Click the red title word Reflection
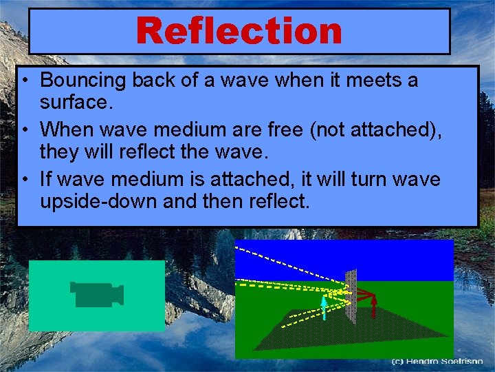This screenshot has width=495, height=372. [239, 31]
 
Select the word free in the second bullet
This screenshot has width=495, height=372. [285, 130]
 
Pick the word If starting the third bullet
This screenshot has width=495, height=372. [46, 180]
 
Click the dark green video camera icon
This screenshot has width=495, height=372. [96, 295]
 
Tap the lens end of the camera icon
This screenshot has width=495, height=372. [119, 295]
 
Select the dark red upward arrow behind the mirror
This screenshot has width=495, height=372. [373, 304]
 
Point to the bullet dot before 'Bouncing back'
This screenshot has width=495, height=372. [24, 81]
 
